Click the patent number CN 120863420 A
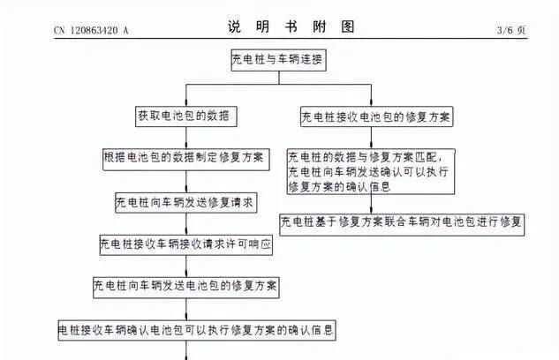[92, 31]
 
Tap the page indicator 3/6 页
[511, 31]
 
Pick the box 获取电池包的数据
[186, 116]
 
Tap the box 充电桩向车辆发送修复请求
[186, 202]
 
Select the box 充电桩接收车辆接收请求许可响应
[186, 244]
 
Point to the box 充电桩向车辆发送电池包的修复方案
[186, 287]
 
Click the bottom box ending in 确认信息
[197, 330]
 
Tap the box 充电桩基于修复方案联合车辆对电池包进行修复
[401, 222]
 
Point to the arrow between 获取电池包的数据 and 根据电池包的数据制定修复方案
[186, 138]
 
